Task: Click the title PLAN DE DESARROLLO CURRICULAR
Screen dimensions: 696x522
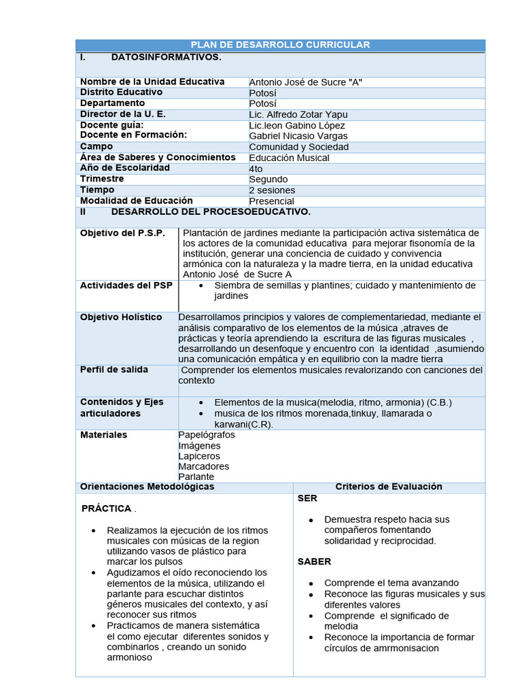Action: coord(280,45)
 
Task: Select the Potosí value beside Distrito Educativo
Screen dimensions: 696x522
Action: coord(263,92)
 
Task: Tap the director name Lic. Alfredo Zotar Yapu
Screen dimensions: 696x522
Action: coord(298,114)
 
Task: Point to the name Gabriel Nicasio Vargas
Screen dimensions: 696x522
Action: coord(298,136)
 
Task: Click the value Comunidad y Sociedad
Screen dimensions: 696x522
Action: coord(299,147)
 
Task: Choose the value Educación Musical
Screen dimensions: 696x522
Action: coord(290,158)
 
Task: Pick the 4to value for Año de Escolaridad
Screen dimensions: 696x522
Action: coord(256,169)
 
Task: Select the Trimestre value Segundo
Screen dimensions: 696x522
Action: coord(268,179)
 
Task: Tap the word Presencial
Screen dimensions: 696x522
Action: coord(272,201)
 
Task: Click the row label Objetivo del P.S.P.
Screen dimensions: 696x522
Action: coord(122,233)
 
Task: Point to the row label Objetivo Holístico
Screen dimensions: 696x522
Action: coord(121,317)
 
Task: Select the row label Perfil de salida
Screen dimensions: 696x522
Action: coord(114,370)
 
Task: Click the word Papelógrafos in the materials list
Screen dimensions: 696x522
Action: coord(207,435)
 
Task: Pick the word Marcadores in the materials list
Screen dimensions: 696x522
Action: coord(204,466)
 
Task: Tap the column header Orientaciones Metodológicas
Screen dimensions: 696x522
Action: coord(147,487)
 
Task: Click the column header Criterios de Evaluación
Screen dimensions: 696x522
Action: coord(389,487)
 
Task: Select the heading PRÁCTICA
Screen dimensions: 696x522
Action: coord(106,508)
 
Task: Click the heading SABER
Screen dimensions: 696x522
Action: coord(315,561)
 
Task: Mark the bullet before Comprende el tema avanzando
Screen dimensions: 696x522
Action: coord(311,584)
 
